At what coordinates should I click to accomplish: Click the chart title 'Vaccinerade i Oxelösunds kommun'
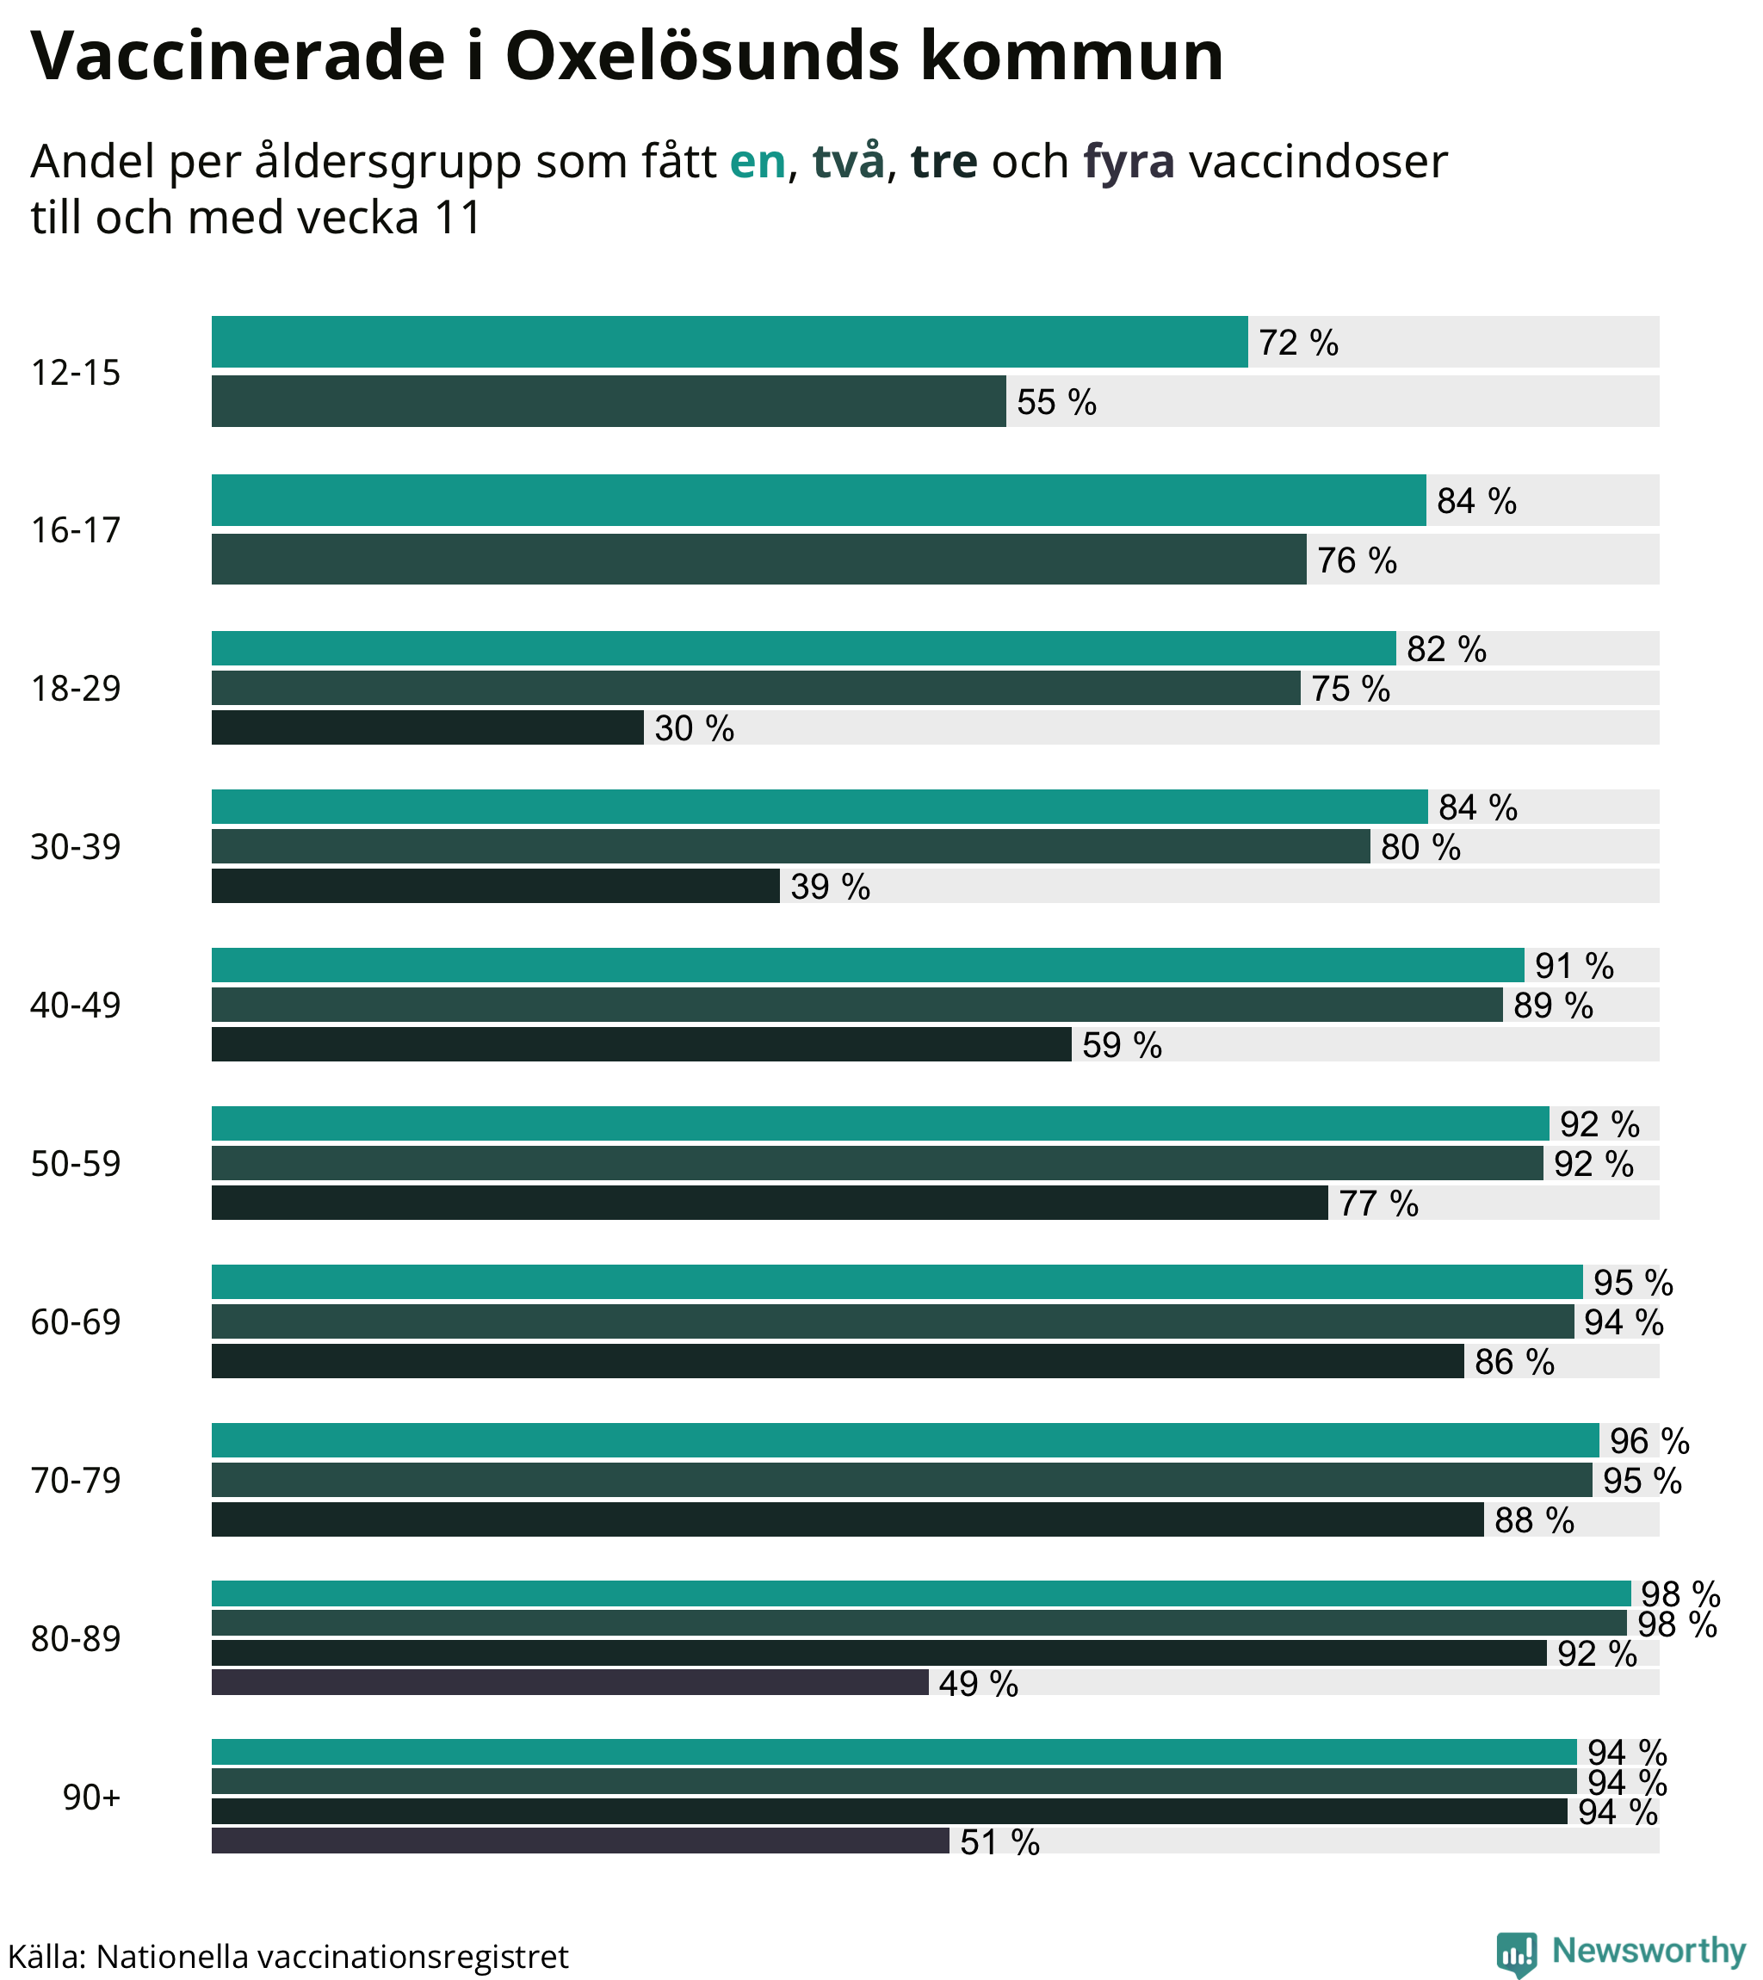(x=627, y=56)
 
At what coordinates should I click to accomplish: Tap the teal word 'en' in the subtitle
(x=757, y=162)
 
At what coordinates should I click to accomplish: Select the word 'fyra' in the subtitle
(x=1129, y=162)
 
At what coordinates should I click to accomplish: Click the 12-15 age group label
(x=76, y=373)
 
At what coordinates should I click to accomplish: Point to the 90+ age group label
(x=91, y=1797)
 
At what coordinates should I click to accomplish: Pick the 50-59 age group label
(x=76, y=1163)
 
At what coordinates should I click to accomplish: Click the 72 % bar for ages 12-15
(x=728, y=342)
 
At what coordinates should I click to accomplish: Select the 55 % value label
(x=1056, y=402)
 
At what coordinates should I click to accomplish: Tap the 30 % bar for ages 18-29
(x=427, y=727)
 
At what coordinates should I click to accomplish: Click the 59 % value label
(x=1122, y=1045)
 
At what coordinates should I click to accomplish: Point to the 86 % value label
(x=1514, y=1362)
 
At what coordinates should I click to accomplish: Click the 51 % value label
(x=999, y=1841)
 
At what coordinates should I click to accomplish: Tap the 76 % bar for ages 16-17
(x=758, y=559)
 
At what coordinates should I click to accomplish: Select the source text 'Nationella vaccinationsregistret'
(x=332, y=1957)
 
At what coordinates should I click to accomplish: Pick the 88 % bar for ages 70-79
(x=848, y=1519)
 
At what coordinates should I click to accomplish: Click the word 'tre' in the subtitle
(x=943, y=162)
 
